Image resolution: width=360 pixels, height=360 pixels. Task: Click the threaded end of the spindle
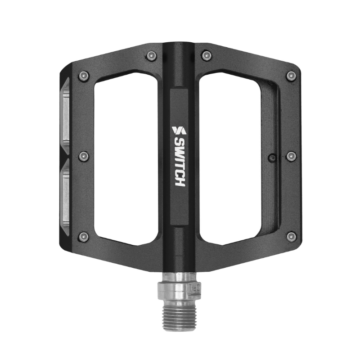pos(179,315)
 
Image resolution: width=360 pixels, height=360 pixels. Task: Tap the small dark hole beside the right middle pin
pos(271,157)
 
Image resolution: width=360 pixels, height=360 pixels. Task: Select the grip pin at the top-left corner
pos(83,76)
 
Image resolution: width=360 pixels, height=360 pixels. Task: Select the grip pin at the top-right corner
pos(291,76)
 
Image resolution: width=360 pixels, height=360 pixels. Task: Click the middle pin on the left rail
pos(83,156)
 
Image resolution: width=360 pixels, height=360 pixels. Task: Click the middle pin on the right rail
pos(291,156)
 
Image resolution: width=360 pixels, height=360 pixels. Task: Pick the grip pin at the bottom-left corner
pos(83,236)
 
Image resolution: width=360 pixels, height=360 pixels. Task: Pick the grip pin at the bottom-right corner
pos(291,236)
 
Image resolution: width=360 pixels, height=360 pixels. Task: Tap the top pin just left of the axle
pos(152,56)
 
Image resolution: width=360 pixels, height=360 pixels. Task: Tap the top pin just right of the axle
pos(207,56)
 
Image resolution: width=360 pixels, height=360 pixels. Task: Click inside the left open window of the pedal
pos(126,157)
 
